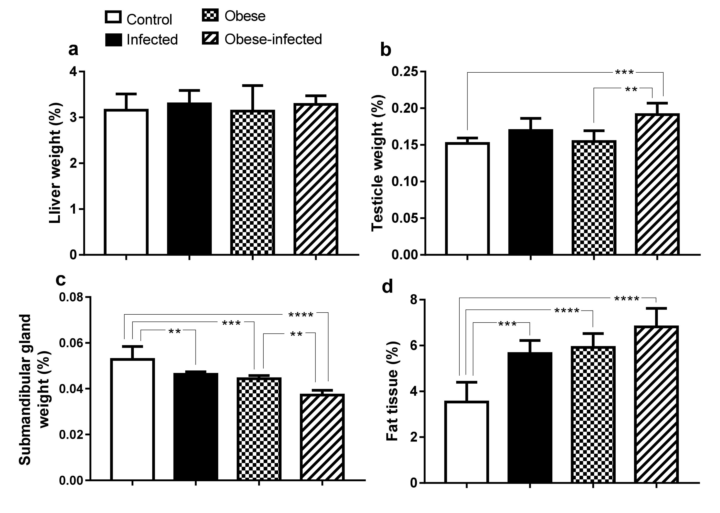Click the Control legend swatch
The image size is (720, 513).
(113, 17)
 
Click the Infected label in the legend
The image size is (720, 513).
(152, 40)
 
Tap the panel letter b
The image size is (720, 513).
(386, 50)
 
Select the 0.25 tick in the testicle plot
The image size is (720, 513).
(405, 72)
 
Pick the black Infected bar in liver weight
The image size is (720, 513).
(189, 178)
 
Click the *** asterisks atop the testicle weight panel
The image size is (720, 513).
(624, 73)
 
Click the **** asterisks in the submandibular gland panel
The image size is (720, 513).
(301, 315)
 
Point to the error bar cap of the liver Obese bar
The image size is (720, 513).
(252, 85)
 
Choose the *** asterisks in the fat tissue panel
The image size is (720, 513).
(507, 324)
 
